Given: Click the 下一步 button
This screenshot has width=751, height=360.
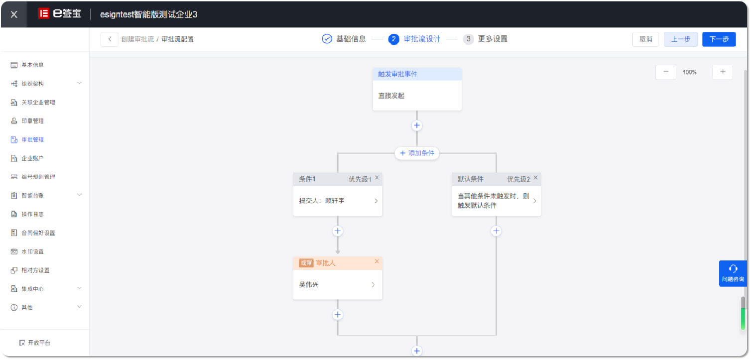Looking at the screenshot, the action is pyautogui.click(x=719, y=39).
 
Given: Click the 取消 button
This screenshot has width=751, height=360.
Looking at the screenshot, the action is pyautogui.click(x=645, y=39).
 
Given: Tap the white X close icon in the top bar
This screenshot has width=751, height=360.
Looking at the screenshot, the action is pyautogui.click(x=14, y=14).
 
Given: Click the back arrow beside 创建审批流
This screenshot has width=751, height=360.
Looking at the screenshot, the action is pyautogui.click(x=109, y=39).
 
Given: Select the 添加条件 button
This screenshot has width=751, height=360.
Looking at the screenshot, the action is pyautogui.click(x=417, y=153).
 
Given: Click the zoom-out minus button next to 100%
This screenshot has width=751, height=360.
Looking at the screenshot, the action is pyautogui.click(x=665, y=72).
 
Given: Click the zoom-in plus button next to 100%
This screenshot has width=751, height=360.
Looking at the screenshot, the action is pyautogui.click(x=723, y=72).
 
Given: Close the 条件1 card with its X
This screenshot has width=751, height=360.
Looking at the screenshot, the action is pyautogui.click(x=377, y=178).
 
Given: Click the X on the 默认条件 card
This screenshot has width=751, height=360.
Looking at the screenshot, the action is pyautogui.click(x=535, y=178).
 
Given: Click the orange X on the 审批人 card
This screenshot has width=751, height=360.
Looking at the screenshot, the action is pyautogui.click(x=376, y=261).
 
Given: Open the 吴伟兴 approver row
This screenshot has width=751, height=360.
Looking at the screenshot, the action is pyautogui.click(x=337, y=285).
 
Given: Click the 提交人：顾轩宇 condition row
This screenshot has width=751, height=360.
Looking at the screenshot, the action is pyautogui.click(x=337, y=201).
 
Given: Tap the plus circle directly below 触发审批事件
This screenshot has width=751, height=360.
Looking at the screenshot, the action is pyautogui.click(x=417, y=125).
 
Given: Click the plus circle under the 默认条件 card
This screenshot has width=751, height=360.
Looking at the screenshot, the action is pyautogui.click(x=496, y=231).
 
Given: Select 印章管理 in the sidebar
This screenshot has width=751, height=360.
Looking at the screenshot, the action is pyautogui.click(x=32, y=121).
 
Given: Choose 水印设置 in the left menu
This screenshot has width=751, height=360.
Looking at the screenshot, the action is pyautogui.click(x=32, y=251).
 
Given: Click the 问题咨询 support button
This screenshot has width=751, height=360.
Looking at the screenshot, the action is pyautogui.click(x=733, y=273).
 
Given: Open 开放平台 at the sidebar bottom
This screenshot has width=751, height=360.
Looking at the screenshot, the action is pyautogui.click(x=35, y=343).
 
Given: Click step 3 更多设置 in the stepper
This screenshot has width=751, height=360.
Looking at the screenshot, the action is pyautogui.click(x=485, y=39).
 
